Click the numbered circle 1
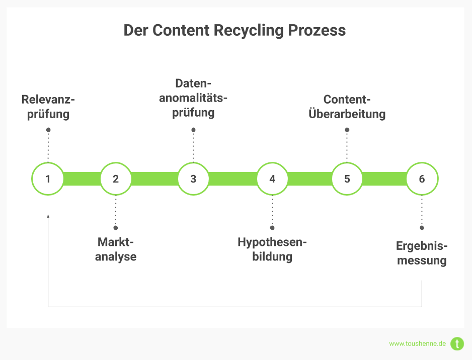48,178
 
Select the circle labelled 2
116,178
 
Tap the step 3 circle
193,178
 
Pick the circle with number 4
272,178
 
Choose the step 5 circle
347,178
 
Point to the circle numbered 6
422,178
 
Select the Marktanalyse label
116,249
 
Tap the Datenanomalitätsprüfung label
193,98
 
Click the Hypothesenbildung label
272,249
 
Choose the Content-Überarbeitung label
347,107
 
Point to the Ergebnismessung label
422,253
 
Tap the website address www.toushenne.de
417,344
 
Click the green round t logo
457,344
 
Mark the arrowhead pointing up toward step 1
48,216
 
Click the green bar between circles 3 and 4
232,178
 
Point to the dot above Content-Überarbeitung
347,130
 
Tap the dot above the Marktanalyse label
116,227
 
